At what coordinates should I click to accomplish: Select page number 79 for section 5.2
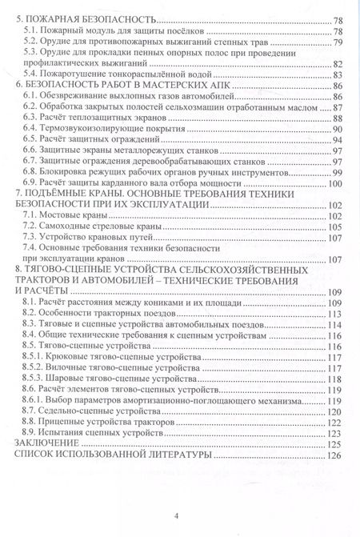339,42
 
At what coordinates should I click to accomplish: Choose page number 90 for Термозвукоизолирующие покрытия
339,128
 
